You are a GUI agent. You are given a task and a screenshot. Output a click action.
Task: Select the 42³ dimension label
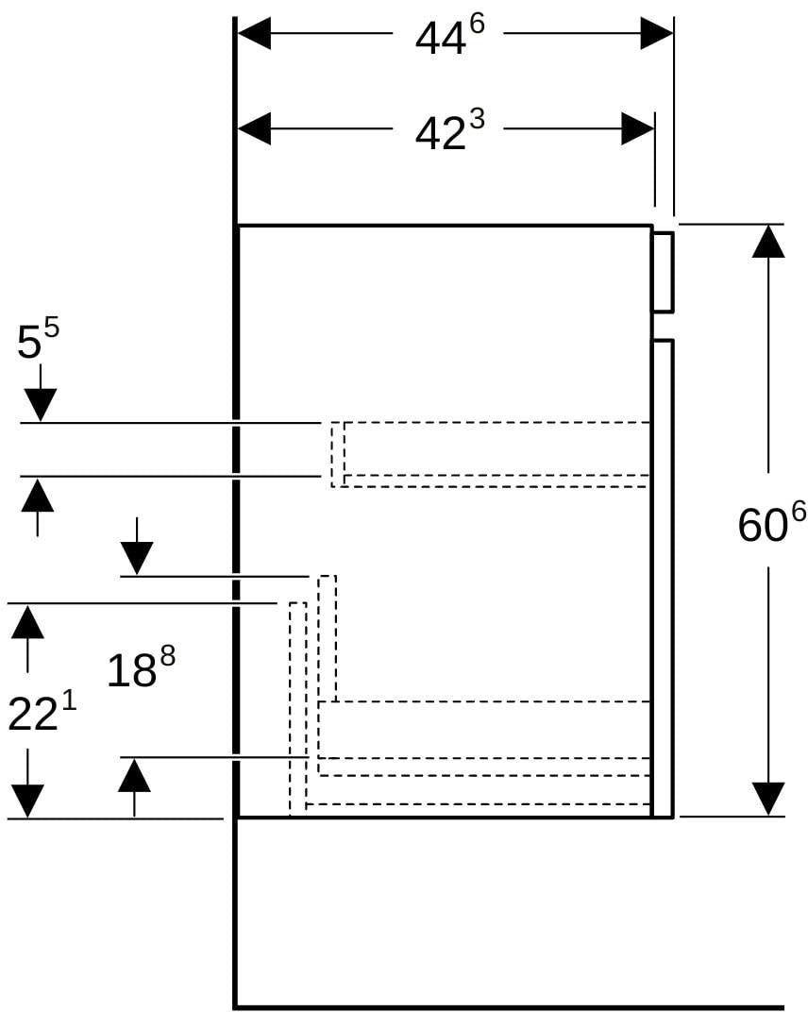449,130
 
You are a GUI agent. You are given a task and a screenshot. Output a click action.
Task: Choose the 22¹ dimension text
42,711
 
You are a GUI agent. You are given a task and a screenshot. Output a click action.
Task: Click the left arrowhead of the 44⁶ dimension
254,34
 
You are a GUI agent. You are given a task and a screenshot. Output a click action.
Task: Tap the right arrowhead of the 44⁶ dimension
656,34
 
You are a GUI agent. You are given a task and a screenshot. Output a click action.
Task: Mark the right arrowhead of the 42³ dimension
638,129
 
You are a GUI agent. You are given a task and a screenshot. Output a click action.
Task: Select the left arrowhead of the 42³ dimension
254,129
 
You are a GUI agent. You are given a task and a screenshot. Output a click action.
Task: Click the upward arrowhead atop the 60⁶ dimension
768,242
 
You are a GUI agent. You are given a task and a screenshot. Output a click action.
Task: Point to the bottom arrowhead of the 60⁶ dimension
768,799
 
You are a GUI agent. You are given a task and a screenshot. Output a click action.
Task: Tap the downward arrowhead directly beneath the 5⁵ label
40,405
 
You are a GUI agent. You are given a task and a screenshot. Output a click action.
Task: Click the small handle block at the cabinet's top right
663,271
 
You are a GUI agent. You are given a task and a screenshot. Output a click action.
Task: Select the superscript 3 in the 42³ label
477,121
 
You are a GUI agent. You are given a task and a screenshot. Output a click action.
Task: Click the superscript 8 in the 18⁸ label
168,658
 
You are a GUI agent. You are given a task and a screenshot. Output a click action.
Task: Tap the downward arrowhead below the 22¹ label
27,801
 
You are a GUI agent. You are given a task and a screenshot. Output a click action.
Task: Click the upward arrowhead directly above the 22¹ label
27,621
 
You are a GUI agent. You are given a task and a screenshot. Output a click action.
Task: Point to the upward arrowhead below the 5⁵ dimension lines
38,495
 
